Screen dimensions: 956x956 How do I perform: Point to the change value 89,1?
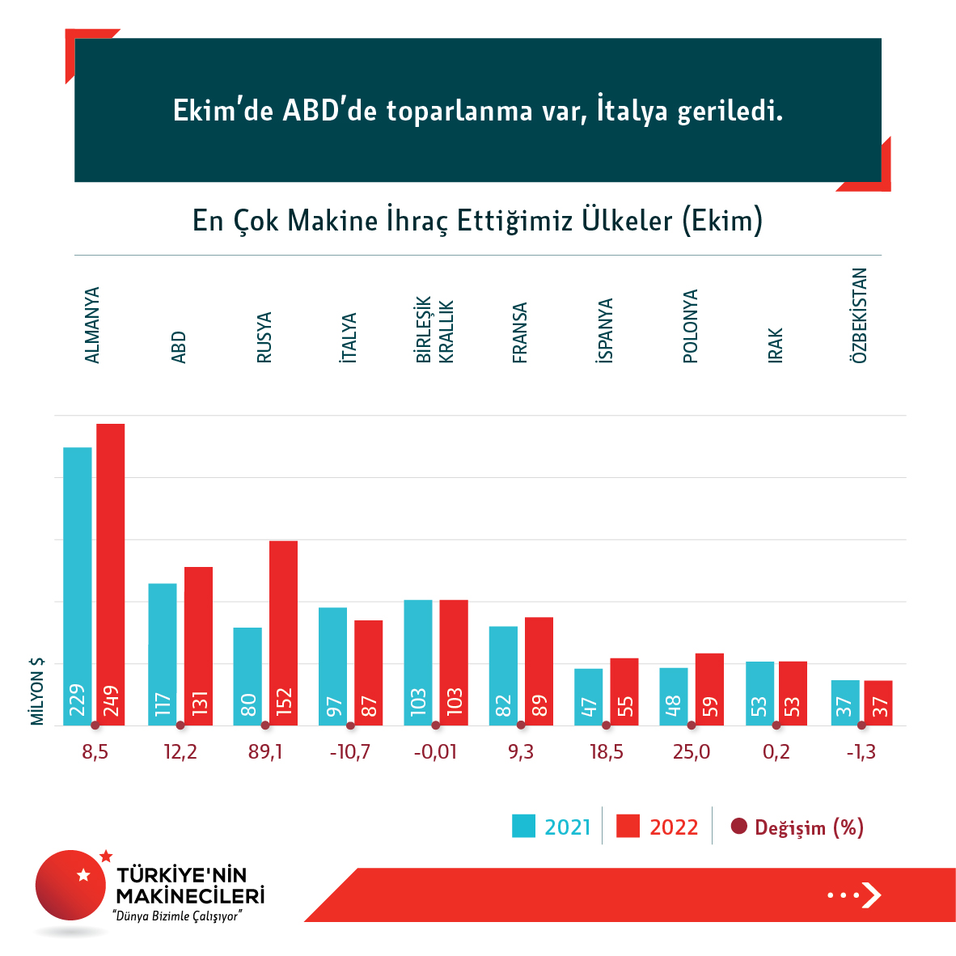[266, 752]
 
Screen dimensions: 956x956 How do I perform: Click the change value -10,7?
[350, 752]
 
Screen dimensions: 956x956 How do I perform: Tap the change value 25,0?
[692, 752]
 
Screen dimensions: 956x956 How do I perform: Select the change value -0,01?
[435, 752]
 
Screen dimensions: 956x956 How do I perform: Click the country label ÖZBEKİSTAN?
[860, 315]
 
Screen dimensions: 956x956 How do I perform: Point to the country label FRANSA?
[520, 332]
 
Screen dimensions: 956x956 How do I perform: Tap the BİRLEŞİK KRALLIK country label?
[435, 330]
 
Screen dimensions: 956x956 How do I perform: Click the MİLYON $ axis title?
[37, 691]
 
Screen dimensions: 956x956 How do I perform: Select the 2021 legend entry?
[552, 827]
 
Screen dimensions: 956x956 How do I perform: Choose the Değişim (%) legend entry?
[797, 827]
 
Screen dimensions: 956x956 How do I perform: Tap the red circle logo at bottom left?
[71, 885]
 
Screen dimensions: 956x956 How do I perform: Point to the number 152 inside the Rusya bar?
[283, 702]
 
